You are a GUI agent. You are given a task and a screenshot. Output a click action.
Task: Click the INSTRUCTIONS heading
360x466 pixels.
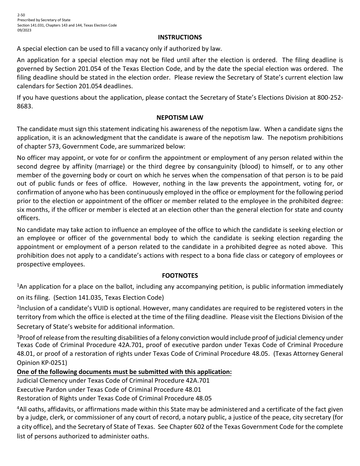180,37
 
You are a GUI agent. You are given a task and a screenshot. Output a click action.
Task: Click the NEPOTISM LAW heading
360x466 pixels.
180,118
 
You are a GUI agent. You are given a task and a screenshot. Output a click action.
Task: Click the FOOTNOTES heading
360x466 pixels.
180,275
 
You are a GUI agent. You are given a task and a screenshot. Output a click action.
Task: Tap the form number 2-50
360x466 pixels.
21,15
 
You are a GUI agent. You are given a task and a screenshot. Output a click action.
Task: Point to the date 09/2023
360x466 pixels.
24,30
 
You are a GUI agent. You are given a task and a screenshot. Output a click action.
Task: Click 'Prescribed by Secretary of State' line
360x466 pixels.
44,20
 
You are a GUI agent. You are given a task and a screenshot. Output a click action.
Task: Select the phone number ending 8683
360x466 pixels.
24,106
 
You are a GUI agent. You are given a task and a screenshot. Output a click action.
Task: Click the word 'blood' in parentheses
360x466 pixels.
250,166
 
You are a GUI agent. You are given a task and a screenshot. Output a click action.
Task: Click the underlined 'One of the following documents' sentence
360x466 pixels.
124,372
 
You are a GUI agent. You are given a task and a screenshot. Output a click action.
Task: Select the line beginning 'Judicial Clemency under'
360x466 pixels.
113,380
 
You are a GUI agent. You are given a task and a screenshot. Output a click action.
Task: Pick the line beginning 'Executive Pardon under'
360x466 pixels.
109,389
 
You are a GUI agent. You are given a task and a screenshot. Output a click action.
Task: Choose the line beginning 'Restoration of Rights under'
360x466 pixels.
114,398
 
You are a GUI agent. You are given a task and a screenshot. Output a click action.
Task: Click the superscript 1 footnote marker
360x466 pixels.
18,285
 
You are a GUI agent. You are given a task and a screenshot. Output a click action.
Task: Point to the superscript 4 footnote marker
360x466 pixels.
18,408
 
